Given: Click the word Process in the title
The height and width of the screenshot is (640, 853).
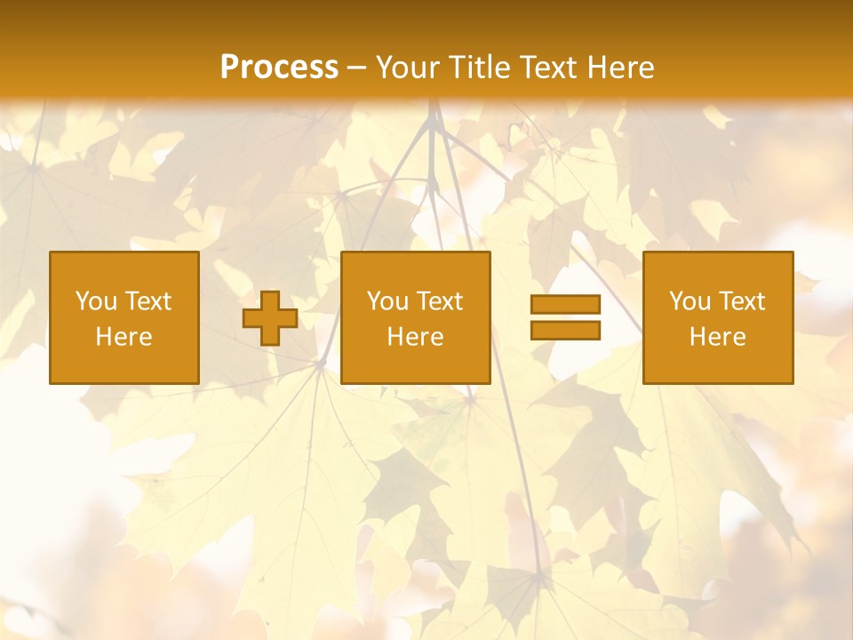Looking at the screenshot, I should (279, 68).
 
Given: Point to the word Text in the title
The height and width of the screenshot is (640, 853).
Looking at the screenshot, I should (547, 68).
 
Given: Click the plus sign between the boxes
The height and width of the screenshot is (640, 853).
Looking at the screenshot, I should (270, 318).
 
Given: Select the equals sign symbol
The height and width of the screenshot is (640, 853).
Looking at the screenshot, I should (565, 317).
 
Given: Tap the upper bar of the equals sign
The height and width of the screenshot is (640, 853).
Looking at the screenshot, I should (565, 305).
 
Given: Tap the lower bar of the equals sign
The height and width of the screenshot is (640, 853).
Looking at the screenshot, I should (565, 330).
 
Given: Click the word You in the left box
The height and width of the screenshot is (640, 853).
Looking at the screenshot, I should (96, 301).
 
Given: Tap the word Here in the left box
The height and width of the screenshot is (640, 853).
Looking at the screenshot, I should (124, 337).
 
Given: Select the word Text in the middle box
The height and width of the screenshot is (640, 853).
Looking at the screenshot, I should (441, 301).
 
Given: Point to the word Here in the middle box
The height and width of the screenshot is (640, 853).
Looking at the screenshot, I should (416, 337).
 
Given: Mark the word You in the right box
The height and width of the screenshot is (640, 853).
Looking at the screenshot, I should (690, 301).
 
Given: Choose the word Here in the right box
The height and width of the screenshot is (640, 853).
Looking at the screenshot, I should (718, 337).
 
